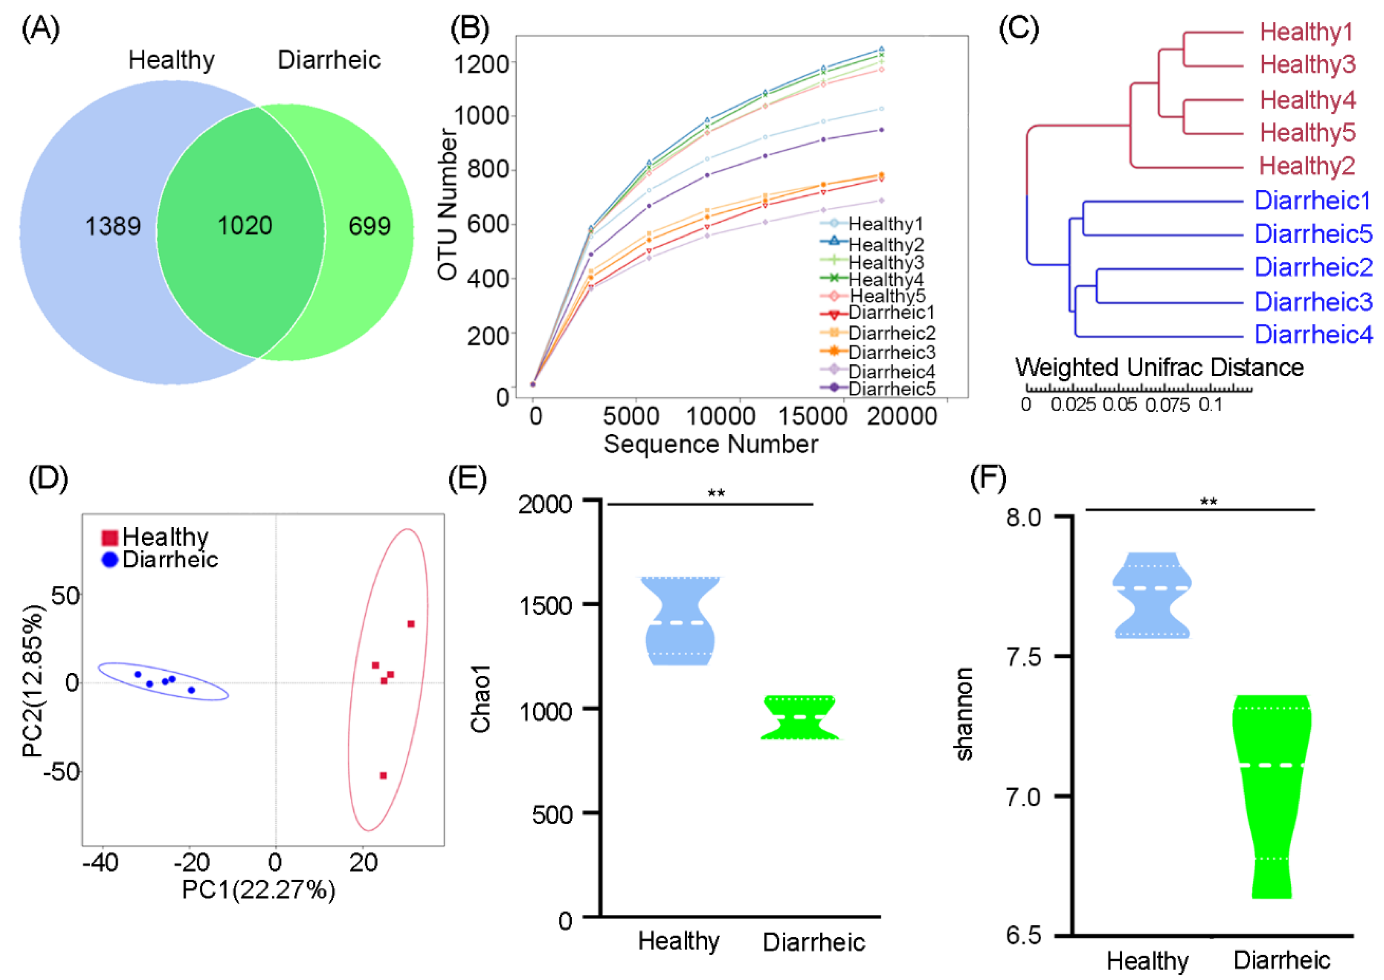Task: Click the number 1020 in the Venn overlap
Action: click(244, 226)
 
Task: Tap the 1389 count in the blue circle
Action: click(113, 226)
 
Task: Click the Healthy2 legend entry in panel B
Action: click(885, 244)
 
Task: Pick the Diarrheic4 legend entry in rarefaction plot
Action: click(891, 371)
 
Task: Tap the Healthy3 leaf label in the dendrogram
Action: click(1307, 64)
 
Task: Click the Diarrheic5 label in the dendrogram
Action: click(1313, 233)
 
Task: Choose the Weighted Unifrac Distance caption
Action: click(1159, 367)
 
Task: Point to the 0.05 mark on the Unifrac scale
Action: click(1119, 404)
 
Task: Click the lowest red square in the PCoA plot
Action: click(383, 775)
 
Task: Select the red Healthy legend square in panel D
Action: click(110, 537)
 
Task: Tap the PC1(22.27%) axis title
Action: click(259, 889)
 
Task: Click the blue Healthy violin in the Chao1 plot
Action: click(680, 622)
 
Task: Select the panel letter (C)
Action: click(1019, 28)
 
